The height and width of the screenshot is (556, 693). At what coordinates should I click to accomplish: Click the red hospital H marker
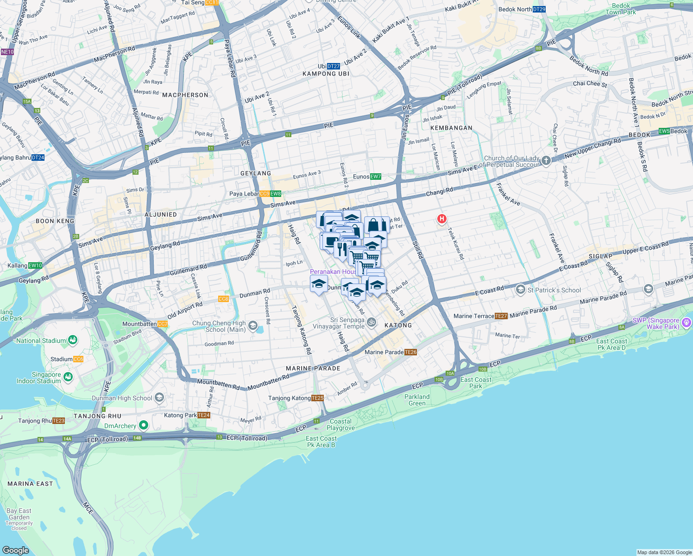(x=442, y=219)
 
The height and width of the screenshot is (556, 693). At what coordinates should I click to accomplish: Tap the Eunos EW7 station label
(x=367, y=177)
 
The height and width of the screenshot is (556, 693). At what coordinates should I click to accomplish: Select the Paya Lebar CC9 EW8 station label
(x=255, y=194)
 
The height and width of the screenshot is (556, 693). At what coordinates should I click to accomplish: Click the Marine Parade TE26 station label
(x=391, y=352)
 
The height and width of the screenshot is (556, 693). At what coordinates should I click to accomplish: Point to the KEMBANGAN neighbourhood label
(x=451, y=128)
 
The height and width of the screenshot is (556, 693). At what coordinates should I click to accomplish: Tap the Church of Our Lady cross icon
(x=546, y=161)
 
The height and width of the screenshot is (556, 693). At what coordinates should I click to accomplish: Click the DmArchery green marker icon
(x=144, y=425)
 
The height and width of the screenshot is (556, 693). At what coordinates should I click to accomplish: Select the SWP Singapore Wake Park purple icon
(x=687, y=322)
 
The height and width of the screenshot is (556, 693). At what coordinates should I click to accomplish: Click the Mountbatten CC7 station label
(x=145, y=324)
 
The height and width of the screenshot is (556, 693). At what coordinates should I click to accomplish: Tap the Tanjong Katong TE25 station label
(x=296, y=398)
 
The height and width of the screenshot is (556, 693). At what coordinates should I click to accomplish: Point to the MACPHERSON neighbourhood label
(x=185, y=95)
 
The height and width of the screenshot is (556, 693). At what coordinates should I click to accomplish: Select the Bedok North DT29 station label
(x=522, y=9)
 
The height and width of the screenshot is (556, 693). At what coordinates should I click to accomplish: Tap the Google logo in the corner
(x=15, y=550)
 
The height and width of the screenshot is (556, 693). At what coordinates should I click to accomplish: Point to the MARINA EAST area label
(x=30, y=484)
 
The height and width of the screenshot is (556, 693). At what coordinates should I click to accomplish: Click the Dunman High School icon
(x=159, y=398)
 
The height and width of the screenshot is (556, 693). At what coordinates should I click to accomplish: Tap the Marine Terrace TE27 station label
(x=480, y=316)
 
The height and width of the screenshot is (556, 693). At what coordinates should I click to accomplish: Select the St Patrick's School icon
(x=521, y=290)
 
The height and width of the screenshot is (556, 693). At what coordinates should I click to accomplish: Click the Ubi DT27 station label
(x=329, y=66)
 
